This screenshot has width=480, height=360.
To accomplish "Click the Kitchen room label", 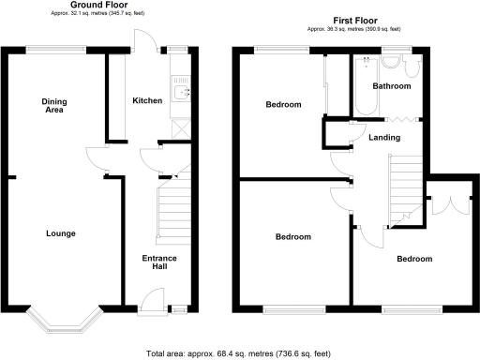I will coord(146,101).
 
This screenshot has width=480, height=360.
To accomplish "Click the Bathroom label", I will coord(391,86).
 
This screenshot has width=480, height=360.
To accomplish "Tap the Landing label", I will coord(384,138).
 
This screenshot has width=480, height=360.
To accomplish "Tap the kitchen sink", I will coord(183,92).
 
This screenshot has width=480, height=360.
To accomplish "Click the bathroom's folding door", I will coord(397,119).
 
